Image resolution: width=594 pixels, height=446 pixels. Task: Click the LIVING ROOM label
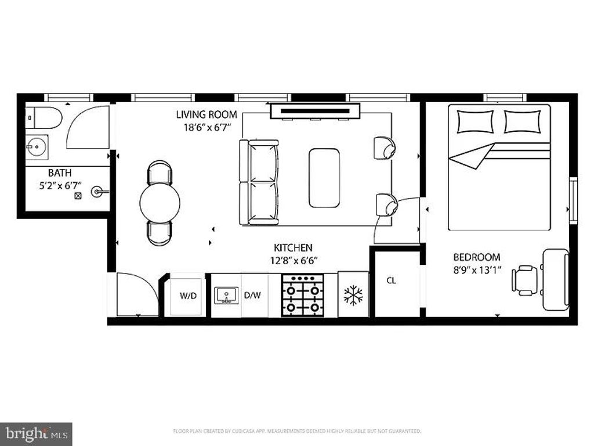point(207,114)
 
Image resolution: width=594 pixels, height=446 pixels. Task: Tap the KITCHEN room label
point(293,247)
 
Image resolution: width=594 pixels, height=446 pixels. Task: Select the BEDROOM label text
point(476,257)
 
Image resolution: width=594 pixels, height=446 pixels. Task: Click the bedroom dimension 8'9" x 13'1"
point(477,269)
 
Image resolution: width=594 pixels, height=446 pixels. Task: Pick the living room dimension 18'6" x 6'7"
point(207,127)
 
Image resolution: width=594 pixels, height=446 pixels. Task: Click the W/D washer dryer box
point(188,296)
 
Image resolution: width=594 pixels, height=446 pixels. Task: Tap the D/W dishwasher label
point(252,296)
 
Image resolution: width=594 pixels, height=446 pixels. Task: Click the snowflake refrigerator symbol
point(353,296)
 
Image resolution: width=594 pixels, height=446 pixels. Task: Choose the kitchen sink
point(226,295)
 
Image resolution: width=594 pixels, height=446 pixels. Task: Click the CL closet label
point(392,280)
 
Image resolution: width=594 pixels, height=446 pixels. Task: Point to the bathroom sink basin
point(37,146)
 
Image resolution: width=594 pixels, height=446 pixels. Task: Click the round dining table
point(160,202)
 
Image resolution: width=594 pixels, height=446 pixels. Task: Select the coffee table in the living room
point(324,178)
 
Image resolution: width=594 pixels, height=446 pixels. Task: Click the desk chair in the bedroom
point(525,280)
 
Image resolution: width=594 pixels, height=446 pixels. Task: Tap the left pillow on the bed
point(475,121)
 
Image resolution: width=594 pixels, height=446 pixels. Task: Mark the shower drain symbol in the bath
point(78,196)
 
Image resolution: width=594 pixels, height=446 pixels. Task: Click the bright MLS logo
point(36,433)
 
